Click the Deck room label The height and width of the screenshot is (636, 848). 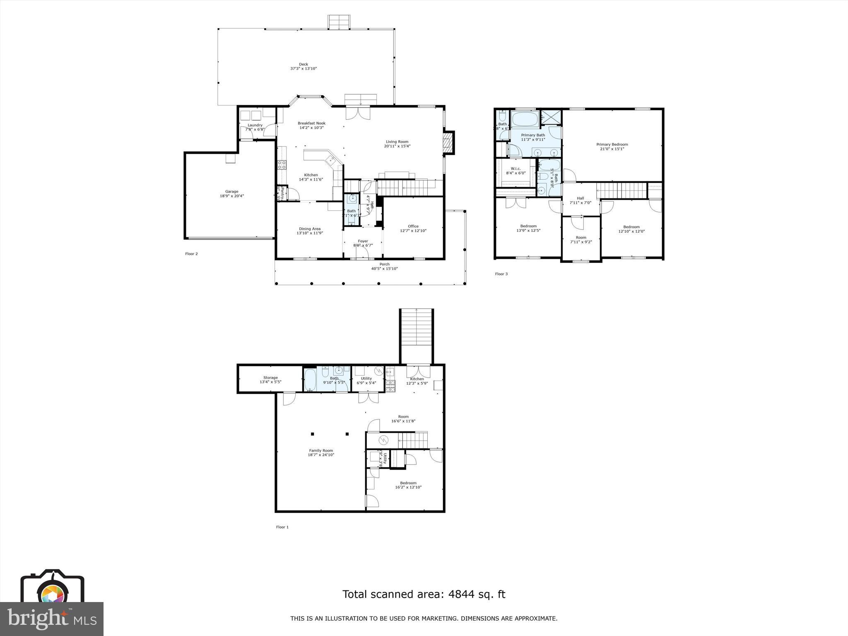[x=304, y=64]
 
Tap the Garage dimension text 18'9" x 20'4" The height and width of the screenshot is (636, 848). [x=231, y=196]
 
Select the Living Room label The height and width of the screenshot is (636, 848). [x=397, y=142]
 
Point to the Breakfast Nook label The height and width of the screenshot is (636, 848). [x=311, y=123]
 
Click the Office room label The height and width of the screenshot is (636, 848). [x=413, y=226]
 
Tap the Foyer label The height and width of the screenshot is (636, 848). [x=363, y=241]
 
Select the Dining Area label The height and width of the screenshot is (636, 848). [x=310, y=229]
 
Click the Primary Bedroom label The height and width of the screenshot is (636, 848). [x=612, y=145]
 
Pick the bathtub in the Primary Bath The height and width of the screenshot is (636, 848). [x=525, y=120]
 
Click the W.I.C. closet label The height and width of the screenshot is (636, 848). [x=516, y=169]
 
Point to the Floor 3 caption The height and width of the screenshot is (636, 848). [x=501, y=274]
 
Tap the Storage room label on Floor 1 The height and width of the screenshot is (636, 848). [x=270, y=378]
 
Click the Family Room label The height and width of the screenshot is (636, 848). [x=321, y=450]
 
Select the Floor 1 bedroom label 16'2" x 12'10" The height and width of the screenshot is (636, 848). [x=408, y=487]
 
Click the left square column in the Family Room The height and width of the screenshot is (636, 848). [x=313, y=434]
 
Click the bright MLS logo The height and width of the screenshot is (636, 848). [x=52, y=619]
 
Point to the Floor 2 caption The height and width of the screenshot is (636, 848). [x=191, y=254]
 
